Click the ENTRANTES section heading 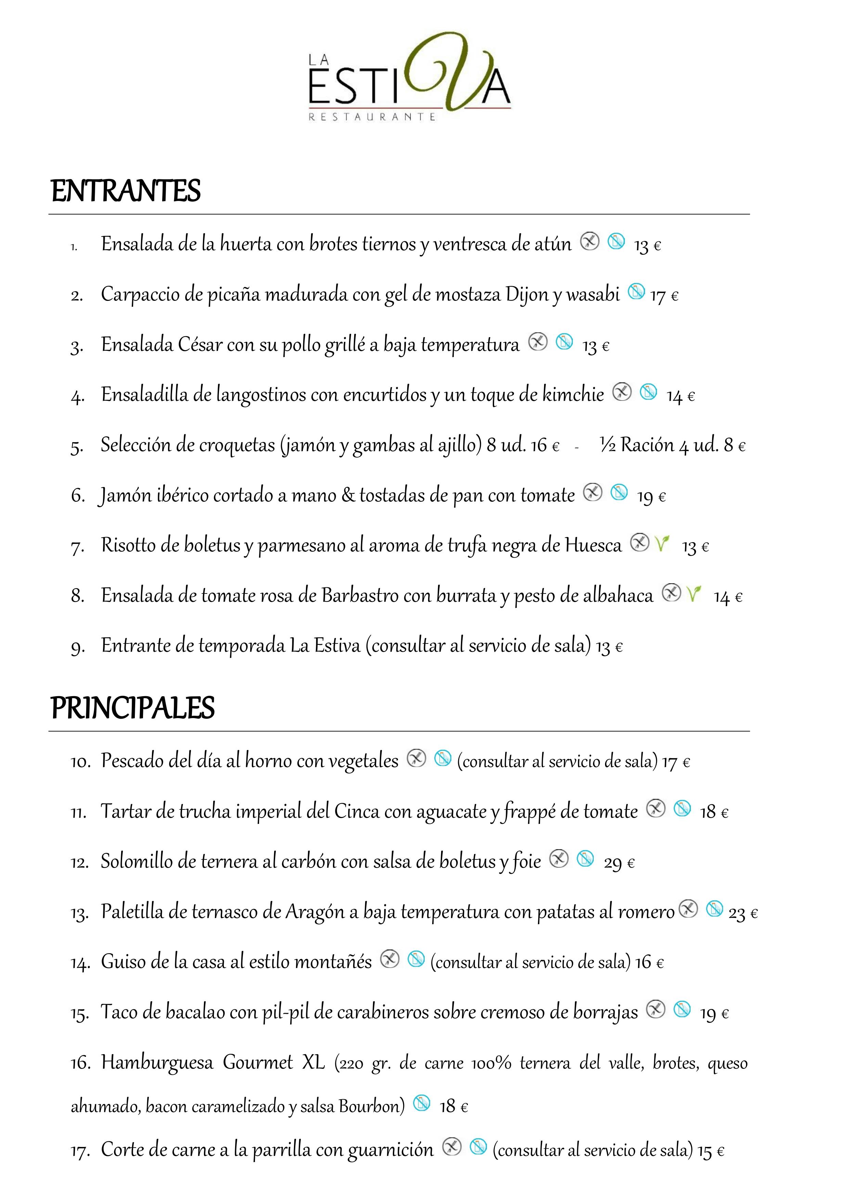[x=126, y=191]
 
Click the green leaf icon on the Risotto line [x=662, y=544]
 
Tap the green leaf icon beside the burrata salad [x=694, y=594]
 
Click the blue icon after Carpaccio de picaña [x=636, y=291]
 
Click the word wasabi [x=593, y=294]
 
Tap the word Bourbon [x=371, y=1106]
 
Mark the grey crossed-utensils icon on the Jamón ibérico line [x=593, y=492]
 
